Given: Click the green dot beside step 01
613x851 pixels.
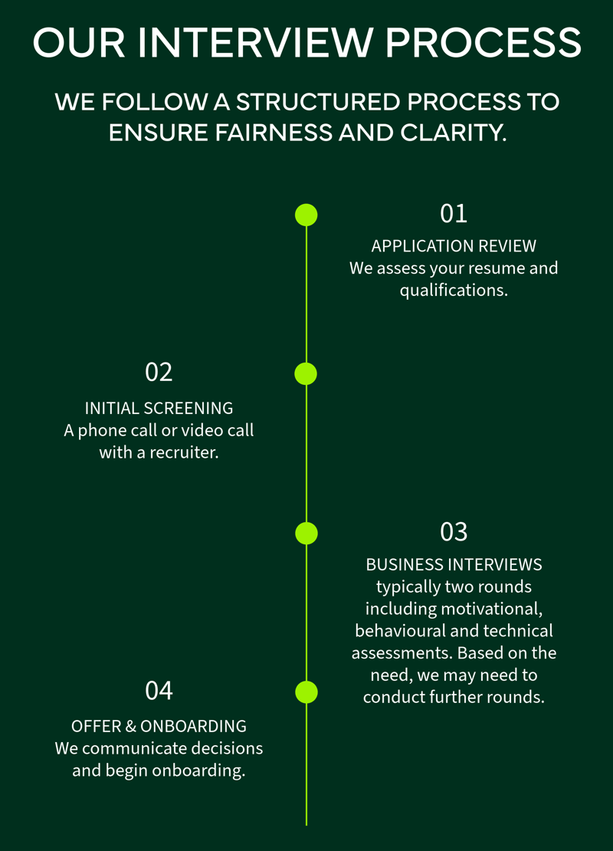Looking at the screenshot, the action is [306, 215].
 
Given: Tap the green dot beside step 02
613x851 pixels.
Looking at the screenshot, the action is [306, 374].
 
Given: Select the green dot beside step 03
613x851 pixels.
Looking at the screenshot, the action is [306, 534].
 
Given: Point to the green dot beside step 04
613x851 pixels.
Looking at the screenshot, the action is [306, 692].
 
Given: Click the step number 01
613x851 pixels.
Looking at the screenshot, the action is [454, 213].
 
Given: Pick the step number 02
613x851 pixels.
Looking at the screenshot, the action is [159, 373].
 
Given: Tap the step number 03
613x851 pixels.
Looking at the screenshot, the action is [454, 532].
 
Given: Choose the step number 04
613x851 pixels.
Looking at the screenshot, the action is [159, 690].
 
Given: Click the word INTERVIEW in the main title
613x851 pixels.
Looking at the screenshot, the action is [255, 43].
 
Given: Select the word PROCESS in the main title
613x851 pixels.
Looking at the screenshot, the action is [484, 43].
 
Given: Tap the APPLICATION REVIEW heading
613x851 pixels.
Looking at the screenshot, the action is [454, 246].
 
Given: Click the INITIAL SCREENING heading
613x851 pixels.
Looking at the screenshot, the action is [159, 408].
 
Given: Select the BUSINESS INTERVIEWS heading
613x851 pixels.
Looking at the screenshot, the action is [454, 564].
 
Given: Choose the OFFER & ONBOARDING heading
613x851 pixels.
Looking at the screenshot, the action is [159, 726].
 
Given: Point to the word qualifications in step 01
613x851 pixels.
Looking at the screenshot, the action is [454, 291].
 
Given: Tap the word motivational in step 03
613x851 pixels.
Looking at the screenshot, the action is [492, 609].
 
